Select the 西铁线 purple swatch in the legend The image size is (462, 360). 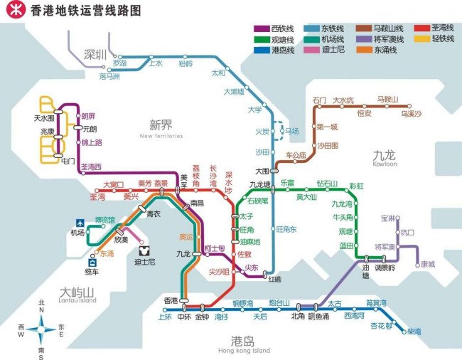[x=262, y=28]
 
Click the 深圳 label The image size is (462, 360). [x=95, y=54]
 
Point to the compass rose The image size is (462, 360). [x=41, y=329]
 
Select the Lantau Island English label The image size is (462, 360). [x=77, y=300]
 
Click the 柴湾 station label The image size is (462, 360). [x=412, y=332]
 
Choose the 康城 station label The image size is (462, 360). [x=427, y=264]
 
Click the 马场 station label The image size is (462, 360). [x=291, y=132]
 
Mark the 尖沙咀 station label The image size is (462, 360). [x=219, y=272]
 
